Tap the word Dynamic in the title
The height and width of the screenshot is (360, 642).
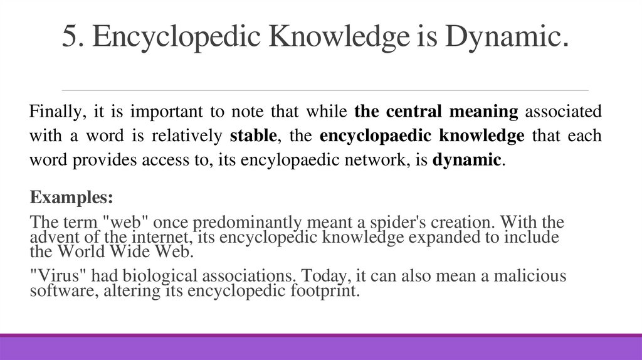[506, 38]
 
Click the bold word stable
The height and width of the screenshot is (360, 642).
[253, 136]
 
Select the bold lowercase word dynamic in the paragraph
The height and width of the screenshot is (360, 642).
[467, 159]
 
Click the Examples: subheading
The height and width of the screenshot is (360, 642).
[71, 198]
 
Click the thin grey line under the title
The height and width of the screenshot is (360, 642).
[325, 90]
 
